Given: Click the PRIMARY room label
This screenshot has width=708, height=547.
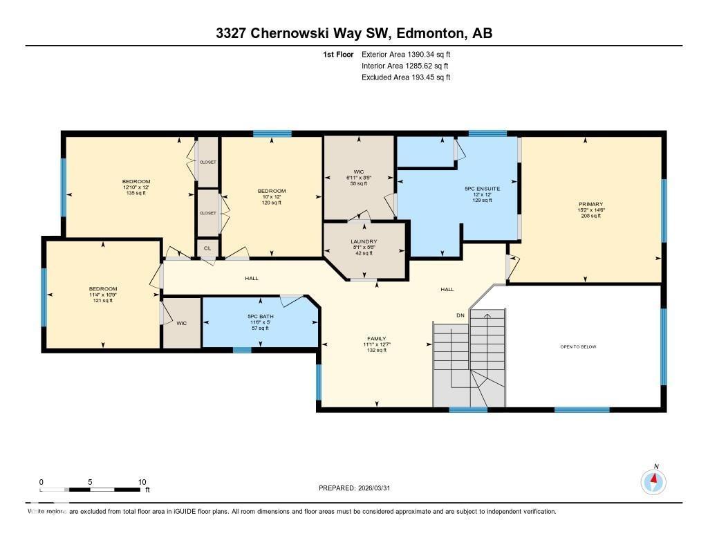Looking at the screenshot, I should (x=590, y=204).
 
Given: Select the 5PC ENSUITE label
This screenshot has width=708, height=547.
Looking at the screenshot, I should (x=482, y=188).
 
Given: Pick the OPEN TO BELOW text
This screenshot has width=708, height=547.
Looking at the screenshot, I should (x=578, y=346).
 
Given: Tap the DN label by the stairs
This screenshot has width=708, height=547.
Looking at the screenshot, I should (x=460, y=315).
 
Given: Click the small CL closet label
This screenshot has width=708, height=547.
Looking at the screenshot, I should (x=207, y=248).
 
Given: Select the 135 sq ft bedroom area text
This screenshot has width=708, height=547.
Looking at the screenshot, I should (x=136, y=194).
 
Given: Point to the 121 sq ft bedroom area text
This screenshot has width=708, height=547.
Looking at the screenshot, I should (x=102, y=301).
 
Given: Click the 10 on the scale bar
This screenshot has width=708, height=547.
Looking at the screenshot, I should (x=142, y=482).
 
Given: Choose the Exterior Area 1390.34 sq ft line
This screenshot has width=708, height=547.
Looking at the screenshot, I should (x=406, y=54).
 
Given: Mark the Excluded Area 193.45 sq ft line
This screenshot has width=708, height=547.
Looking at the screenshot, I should (x=406, y=77).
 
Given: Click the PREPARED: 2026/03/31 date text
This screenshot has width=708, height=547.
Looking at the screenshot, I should (x=359, y=488).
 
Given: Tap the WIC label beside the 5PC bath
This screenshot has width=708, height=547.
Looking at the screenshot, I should (x=182, y=323).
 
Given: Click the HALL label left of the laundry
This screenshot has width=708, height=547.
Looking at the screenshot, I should (x=252, y=278).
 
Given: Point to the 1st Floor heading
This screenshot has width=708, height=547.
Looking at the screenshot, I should (x=338, y=54).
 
